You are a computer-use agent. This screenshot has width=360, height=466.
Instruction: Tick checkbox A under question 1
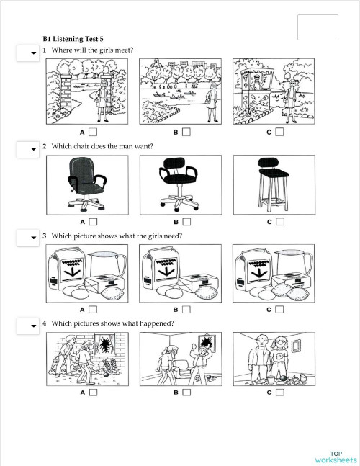click(93, 133)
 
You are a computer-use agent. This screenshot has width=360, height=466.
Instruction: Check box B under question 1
click(186, 133)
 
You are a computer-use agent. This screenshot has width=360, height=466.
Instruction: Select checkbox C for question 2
click(279, 221)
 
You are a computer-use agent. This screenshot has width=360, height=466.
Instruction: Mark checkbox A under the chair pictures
click(93, 221)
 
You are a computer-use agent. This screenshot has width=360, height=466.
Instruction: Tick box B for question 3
click(186, 310)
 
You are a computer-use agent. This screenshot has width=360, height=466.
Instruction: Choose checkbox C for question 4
click(279, 393)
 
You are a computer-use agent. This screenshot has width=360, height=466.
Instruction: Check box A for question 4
click(93, 393)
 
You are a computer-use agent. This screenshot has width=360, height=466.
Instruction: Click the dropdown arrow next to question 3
click(27, 238)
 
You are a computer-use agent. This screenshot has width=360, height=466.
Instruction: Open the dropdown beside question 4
click(27, 326)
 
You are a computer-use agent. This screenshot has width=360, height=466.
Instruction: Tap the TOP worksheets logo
click(336, 456)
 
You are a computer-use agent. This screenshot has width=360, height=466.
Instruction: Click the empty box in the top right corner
click(318, 27)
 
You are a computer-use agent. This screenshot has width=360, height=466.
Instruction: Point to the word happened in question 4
click(157, 323)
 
